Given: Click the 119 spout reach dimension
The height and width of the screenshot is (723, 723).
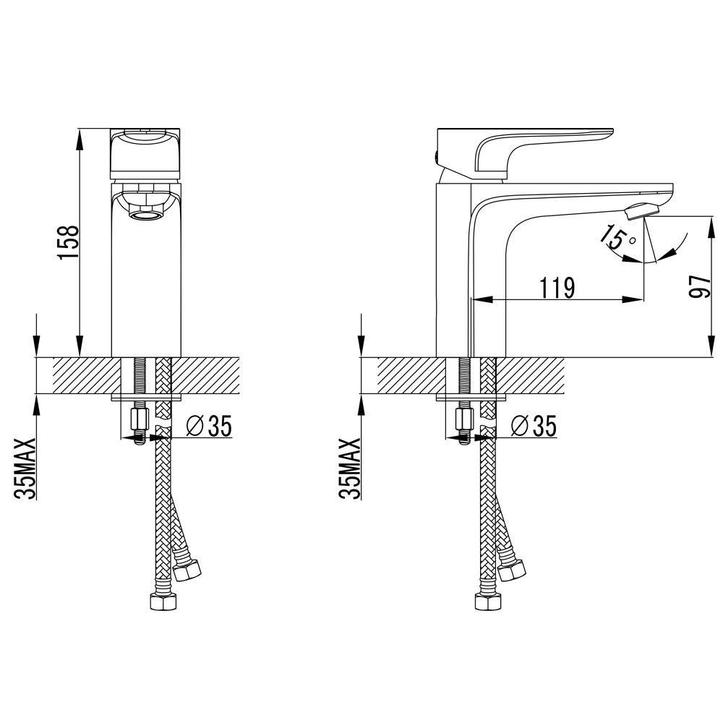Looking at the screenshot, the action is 557,288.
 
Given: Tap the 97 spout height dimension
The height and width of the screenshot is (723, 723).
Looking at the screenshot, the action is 699,286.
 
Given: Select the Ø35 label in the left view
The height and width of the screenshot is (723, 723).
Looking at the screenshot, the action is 209,425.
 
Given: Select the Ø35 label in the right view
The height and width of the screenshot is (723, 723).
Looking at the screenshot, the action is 534,425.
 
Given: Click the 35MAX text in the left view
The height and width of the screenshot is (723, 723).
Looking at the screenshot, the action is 25,469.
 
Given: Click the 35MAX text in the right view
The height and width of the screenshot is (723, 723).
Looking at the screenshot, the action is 349,469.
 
